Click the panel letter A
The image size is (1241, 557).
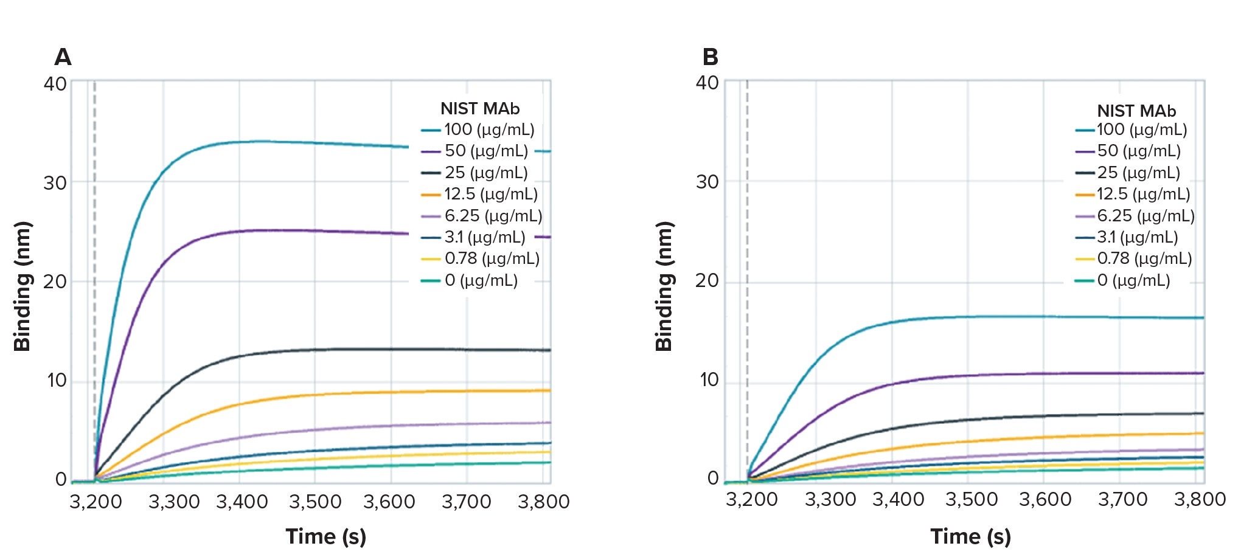pos(63,57)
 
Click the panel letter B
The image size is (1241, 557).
pos(710,57)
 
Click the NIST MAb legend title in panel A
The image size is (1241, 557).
pos(480,109)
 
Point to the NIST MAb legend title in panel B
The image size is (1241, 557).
pos(1136,111)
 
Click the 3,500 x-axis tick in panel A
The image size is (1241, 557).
pos(315,502)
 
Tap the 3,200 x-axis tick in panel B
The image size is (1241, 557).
pos(752,499)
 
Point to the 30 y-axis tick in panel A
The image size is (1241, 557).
pos(55,182)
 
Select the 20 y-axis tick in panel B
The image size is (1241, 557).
pos(707,281)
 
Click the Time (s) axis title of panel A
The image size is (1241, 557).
pos(326,536)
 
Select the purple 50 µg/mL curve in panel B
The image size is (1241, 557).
pos(973,375)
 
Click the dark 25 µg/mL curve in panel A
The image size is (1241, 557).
pos(365,349)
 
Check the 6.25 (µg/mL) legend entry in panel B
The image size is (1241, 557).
pos(1145,216)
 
